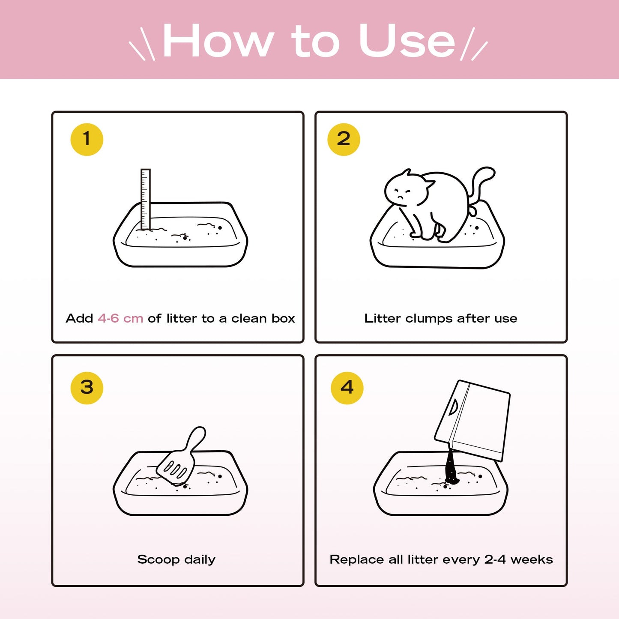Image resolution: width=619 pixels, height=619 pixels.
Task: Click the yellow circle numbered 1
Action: click(x=87, y=139)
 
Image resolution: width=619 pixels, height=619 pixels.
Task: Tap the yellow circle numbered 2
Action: click(x=344, y=139)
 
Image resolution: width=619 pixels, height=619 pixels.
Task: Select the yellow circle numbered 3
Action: click(x=87, y=388)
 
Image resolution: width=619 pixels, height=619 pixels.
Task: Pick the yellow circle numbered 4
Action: click(x=347, y=388)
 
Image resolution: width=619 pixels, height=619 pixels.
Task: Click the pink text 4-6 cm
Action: click(x=120, y=318)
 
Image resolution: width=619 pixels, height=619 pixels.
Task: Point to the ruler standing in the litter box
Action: click(x=146, y=199)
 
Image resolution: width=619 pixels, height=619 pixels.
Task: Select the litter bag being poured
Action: click(x=472, y=421)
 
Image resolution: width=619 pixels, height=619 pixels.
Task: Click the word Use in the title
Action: click(x=407, y=41)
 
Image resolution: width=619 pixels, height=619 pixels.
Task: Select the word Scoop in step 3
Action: click(x=158, y=560)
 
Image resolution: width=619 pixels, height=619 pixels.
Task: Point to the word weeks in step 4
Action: click(x=532, y=559)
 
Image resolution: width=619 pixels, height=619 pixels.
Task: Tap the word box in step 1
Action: click(x=283, y=318)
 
